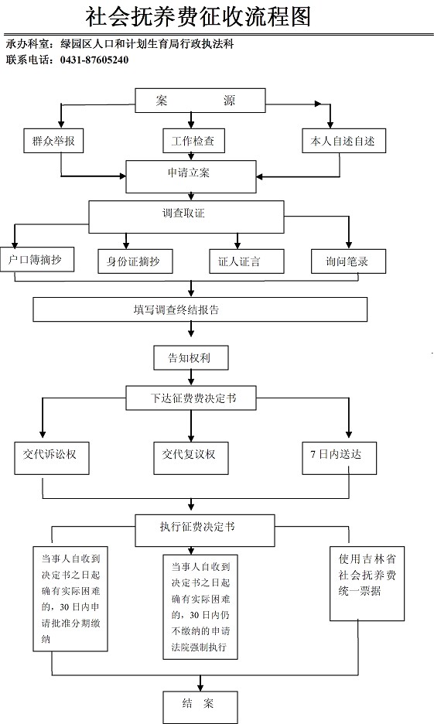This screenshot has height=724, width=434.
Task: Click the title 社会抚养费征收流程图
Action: [x=198, y=17]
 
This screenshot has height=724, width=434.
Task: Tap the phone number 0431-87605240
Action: [x=94, y=60]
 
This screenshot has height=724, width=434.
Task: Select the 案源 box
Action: [x=200, y=101]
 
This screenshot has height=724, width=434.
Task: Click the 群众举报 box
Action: [x=53, y=141]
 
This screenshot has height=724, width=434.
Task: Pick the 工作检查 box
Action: [x=193, y=141]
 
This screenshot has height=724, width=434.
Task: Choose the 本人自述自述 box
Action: [x=343, y=141]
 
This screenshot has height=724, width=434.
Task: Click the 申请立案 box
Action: [x=190, y=176]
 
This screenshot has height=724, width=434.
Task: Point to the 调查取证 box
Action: [x=186, y=217]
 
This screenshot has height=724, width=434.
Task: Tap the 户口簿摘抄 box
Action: [x=37, y=259]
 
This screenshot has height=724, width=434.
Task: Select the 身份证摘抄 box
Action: [x=135, y=261]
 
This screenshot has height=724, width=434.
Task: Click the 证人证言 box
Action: [x=247, y=261]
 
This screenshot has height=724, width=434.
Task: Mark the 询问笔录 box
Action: [x=349, y=261]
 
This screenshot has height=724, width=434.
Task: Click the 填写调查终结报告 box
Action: [x=200, y=309]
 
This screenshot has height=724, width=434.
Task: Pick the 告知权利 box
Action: [x=190, y=358]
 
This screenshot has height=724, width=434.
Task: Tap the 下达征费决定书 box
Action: [x=190, y=398]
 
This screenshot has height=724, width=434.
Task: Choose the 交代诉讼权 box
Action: [x=51, y=458]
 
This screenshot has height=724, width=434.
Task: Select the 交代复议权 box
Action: [x=190, y=458]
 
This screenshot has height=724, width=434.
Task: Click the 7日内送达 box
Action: [x=340, y=458]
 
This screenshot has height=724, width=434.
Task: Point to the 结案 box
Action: [x=200, y=707]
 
